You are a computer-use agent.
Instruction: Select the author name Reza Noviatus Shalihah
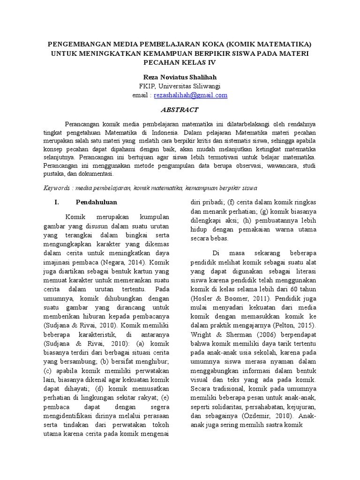pyautogui.click(x=180, y=77)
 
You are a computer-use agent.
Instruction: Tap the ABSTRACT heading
pyautogui.click(x=180, y=110)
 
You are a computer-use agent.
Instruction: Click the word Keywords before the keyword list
pyautogui.click(x=57, y=188)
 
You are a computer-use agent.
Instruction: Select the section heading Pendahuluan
pyautogui.click(x=96, y=202)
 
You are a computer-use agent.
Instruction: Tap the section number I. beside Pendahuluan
pyautogui.click(x=56, y=202)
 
